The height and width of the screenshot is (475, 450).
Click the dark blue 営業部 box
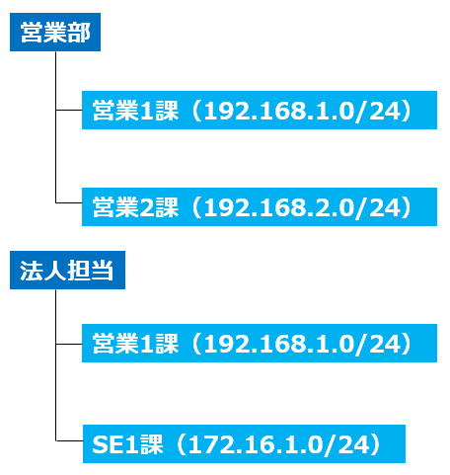pyautogui.click(x=55, y=32)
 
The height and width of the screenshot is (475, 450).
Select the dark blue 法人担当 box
pyautogui.click(x=67, y=270)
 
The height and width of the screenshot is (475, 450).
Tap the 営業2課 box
pyautogui.click(x=260, y=206)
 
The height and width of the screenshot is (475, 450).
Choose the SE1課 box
pyautogui.click(x=244, y=443)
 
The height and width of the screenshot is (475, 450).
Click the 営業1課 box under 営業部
pyautogui.click(x=260, y=110)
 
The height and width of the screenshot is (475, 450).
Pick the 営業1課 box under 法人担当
pyautogui.click(x=260, y=343)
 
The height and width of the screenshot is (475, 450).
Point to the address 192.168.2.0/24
pyautogui.click(x=302, y=207)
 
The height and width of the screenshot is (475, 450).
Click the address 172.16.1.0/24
pyautogui.click(x=278, y=444)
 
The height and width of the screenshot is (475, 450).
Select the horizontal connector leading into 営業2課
pyautogui.click(x=69, y=202)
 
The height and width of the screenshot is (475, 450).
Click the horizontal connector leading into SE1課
pyautogui.click(x=69, y=440)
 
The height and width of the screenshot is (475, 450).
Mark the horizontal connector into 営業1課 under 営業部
pyautogui.click(x=69, y=110)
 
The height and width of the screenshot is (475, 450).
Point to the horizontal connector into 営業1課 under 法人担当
pyautogui.click(x=69, y=344)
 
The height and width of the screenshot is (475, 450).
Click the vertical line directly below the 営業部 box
pyautogui.click(x=55, y=127)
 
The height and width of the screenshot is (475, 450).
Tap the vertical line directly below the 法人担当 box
pyautogui.click(x=55, y=365)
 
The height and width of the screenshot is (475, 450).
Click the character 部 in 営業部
pyautogui.click(x=79, y=33)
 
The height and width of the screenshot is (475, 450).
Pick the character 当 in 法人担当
pyautogui.click(x=103, y=271)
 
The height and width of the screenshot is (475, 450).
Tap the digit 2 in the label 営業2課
pyautogui.click(x=147, y=207)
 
